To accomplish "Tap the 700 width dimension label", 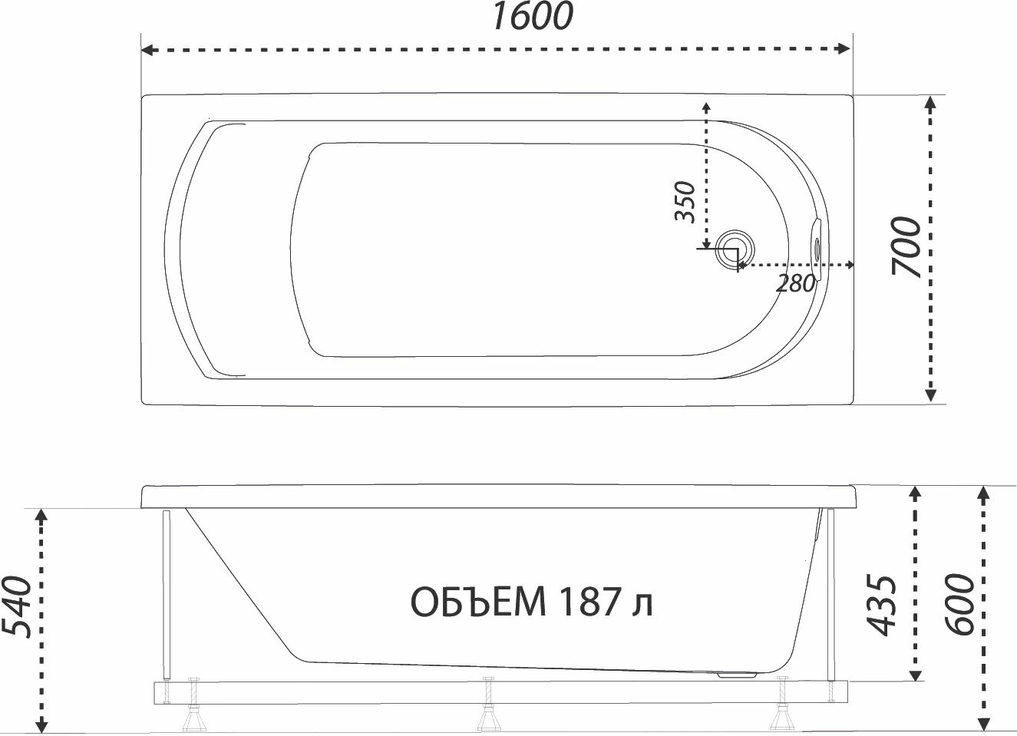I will (906, 247).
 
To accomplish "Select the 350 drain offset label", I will (685, 202).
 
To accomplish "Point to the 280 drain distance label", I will (795, 284).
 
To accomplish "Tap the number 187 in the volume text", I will (589, 602).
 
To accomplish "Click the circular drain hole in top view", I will (735, 249).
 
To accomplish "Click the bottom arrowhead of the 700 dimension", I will (930, 394).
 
